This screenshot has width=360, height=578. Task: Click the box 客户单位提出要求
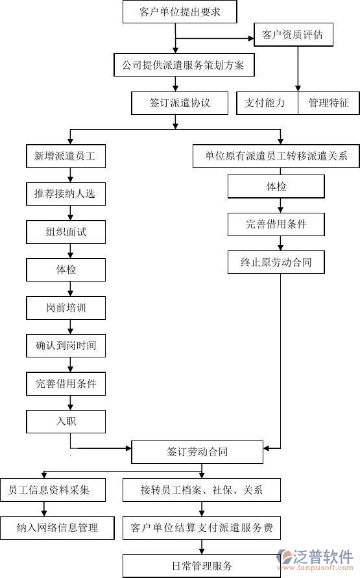[179, 12]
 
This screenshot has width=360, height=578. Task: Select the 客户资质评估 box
[293, 34]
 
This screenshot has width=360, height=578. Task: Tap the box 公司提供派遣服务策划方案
[182, 65]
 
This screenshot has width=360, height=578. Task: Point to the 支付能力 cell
[265, 102]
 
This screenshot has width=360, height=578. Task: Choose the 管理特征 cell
[328, 102]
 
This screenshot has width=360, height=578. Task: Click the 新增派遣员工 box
[65, 156]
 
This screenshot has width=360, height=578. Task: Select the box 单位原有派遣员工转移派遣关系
[276, 156]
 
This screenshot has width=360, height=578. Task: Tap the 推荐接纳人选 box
[65, 193]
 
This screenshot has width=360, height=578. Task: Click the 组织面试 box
[66, 232]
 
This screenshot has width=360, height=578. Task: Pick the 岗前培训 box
[66, 307]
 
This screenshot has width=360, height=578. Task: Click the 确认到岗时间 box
[66, 346]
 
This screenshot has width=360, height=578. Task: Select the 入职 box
[66, 421]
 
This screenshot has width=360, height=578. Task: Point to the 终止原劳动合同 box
[276, 262]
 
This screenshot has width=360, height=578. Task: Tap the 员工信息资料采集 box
[53, 490]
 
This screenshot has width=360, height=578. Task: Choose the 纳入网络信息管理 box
[57, 527]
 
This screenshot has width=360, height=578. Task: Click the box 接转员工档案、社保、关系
[202, 490]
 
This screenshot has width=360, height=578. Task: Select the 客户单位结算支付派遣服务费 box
[202, 527]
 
